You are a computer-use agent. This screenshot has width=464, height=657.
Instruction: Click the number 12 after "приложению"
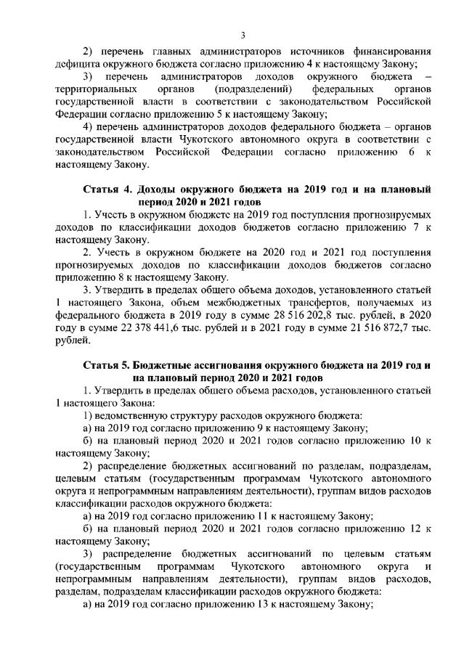pos(410,529)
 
